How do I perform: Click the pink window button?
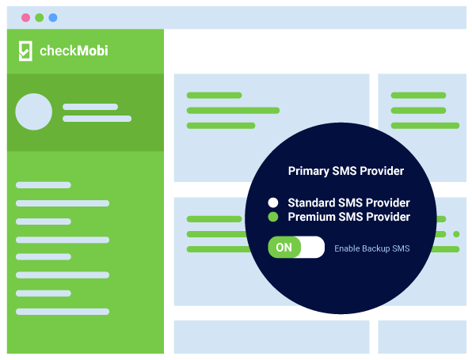coord(25,17)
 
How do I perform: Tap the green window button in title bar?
coord(39,17)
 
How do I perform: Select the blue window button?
coord(53,17)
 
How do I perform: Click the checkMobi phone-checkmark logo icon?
coord(25,51)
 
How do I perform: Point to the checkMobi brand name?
coord(74,51)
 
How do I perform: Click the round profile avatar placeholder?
coord(34,112)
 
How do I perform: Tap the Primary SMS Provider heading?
coord(346,171)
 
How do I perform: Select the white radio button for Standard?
coord(273,203)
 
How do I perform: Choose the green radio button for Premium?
coord(273,217)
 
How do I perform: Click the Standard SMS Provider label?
coord(349,203)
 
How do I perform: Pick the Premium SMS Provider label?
coord(349,217)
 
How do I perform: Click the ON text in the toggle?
coord(284,248)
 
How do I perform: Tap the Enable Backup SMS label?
coord(372,248)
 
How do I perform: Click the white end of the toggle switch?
coord(313,247)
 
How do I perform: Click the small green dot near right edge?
coord(456,234)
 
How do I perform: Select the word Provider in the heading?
coord(382,171)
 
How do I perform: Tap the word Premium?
coord(311,217)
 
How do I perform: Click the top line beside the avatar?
coord(90,107)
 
